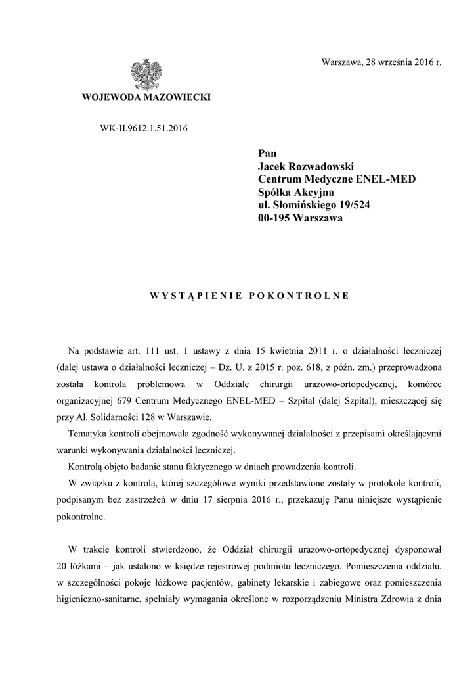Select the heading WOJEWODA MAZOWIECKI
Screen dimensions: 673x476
(146, 97)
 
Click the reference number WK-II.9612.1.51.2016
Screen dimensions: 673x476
(144, 128)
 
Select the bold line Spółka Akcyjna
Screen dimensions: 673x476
(296, 192)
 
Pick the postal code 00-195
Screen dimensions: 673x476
(274, 218)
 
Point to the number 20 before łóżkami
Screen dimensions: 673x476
(62, 566)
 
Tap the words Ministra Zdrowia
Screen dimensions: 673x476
(385, 600)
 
